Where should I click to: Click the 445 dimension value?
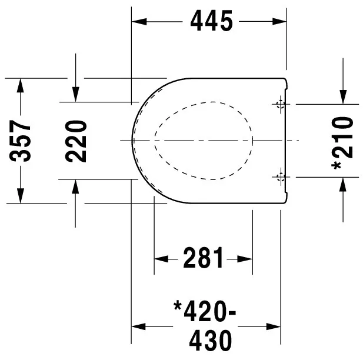[211, 21]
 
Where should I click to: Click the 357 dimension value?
[22, 142]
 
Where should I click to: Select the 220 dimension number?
[76, 141]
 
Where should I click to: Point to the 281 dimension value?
[204, 258]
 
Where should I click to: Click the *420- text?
[205, 310]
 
